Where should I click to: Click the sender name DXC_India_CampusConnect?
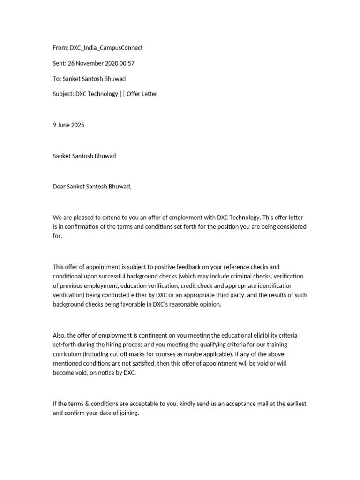tap(106, 48)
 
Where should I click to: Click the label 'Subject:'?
tap(63, 94)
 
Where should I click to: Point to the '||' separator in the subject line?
tap(122, 94)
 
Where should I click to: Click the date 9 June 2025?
tap(68, 125)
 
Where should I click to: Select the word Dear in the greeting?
tap(59, 187)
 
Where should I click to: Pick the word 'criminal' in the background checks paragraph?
tap(246, 276)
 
